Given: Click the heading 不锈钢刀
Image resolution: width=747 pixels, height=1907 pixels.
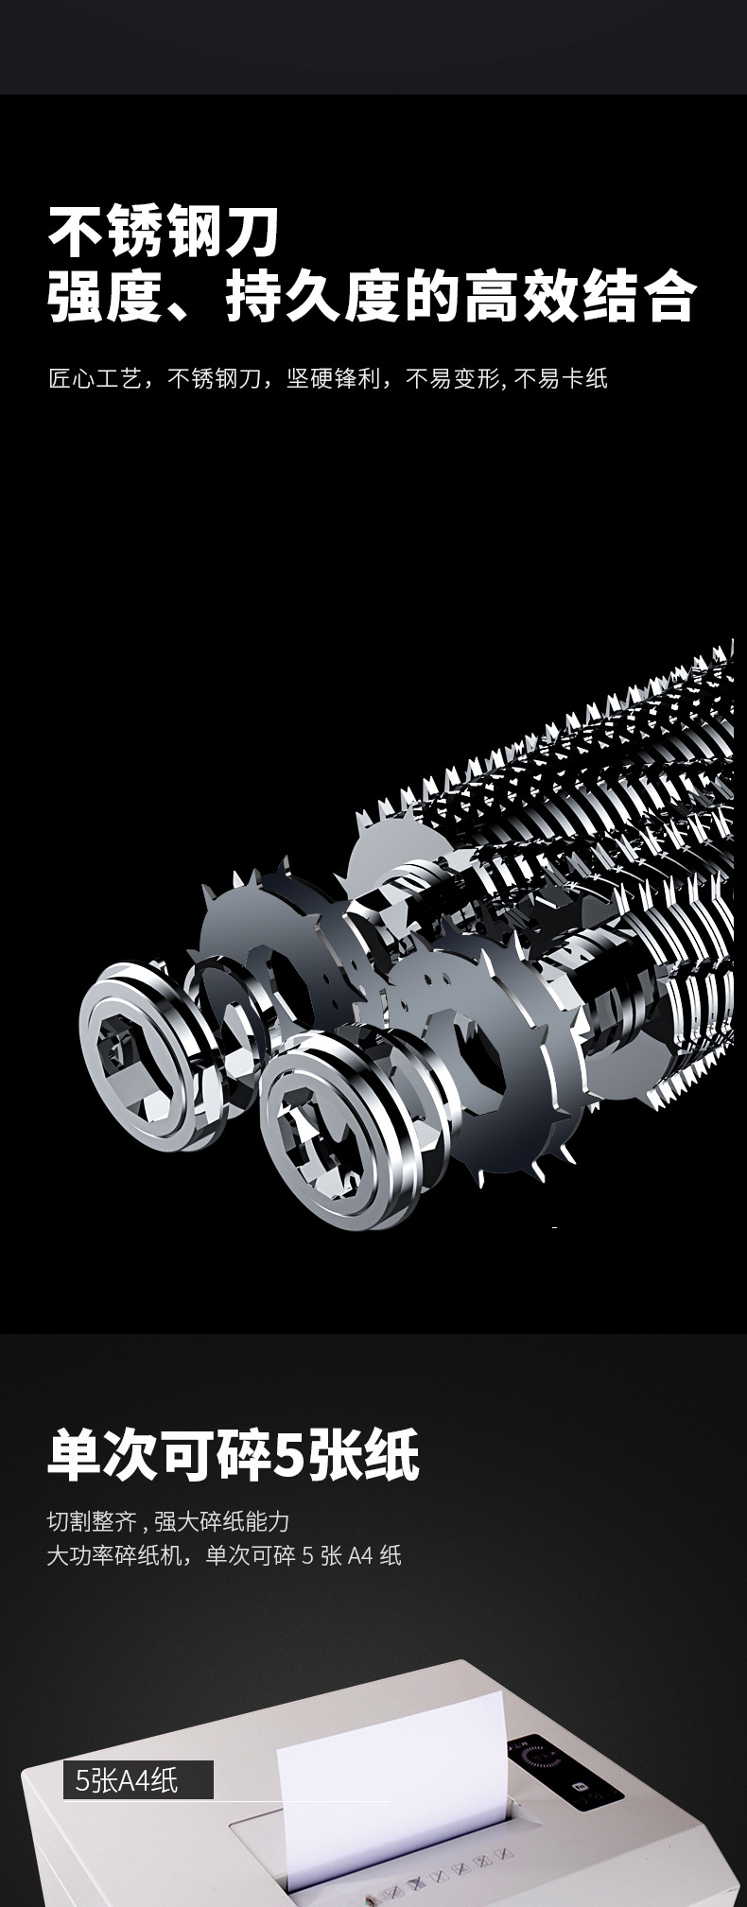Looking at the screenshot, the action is click(165, 234).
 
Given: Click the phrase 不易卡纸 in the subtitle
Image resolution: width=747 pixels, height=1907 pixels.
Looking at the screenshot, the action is click(561, 379).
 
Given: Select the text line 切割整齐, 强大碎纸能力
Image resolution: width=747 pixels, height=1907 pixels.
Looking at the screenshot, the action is click(168, 1521).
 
